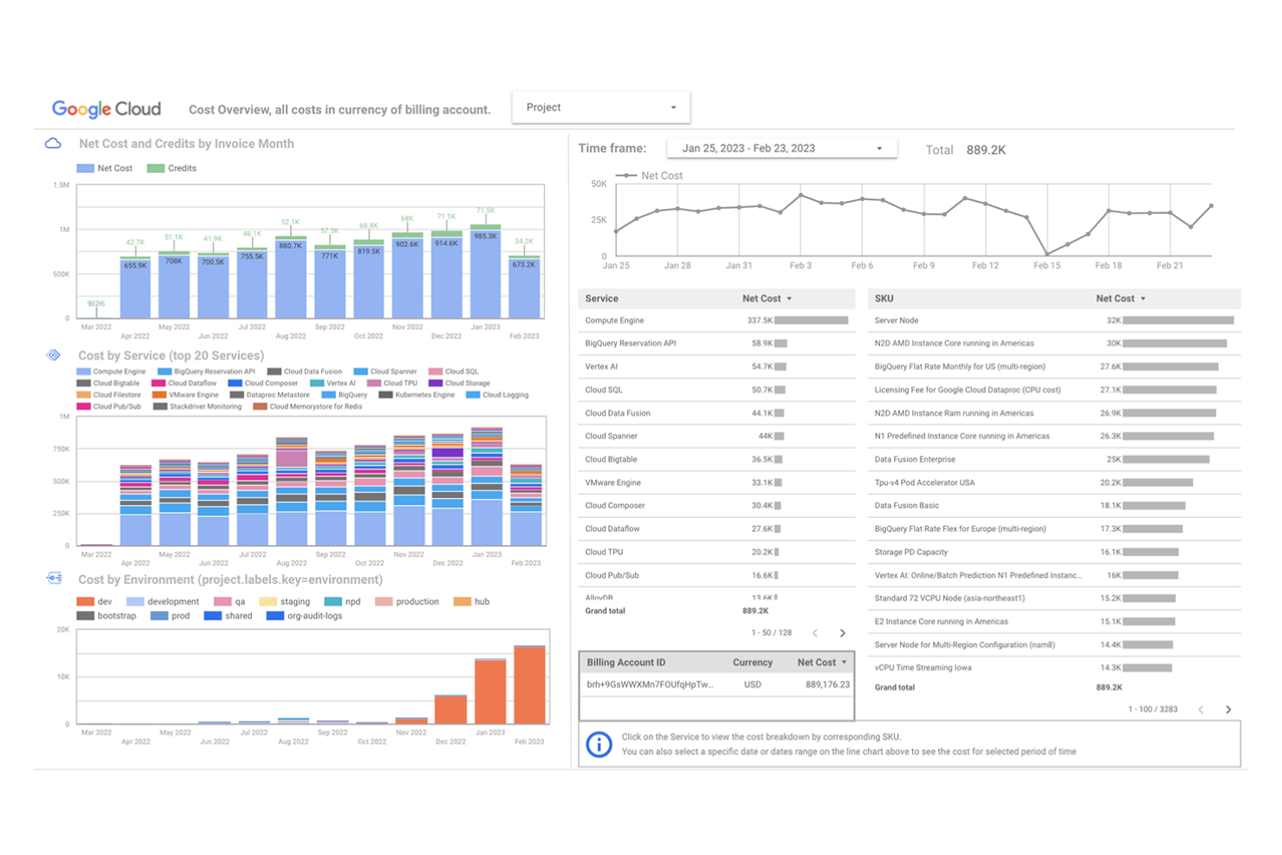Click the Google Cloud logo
[x=107, y=109]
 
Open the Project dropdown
[x=600, y=107]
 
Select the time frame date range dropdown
[x=781, y=148]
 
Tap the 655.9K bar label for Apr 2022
[x=135, y=266]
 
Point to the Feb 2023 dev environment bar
[x=529, y=684]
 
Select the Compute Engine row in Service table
[x=614, y=321]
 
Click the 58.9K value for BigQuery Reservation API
[x=761, y=344]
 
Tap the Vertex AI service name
[x=601, y=366]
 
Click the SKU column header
[x=884, y=298]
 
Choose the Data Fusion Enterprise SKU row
[x=915, y=459]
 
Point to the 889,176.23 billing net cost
[x=826, y=684]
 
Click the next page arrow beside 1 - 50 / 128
[x=842, y=633]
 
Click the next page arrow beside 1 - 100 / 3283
[x=1228, y=709]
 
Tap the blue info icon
[x=599, y=744]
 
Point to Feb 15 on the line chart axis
[x=1046, y=265]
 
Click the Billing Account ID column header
[x=625, y=663]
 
